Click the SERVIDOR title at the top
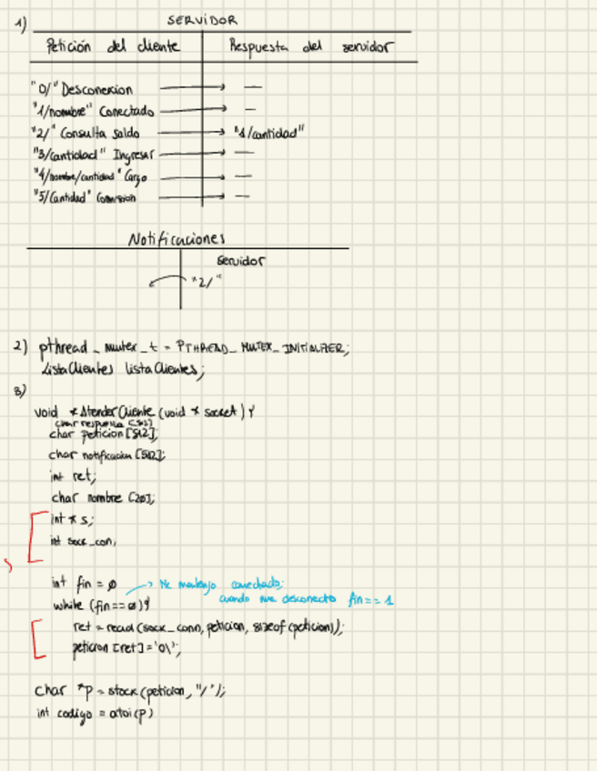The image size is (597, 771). [x=203, y=19]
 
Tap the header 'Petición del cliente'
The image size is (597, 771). [x=112, y=46]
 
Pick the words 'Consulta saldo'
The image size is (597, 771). [x=100, y=133]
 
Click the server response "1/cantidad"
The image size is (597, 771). [x=268, y=133]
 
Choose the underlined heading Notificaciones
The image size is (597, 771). [x=176, y=239]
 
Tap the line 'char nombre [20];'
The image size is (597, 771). [x=102, y=496]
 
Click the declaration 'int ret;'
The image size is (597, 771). [x=72, y=475]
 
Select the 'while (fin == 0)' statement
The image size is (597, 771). [x=101, y=605]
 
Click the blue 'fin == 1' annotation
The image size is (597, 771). [x=370, y=599]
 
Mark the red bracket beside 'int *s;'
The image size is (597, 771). [x=33, y=536]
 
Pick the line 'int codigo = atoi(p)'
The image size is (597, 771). [x=93, y=714]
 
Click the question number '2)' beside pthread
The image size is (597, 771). [x=21, y=346]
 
